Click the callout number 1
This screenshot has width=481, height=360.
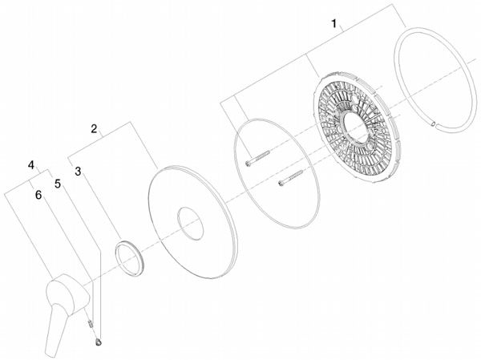pos(334,23)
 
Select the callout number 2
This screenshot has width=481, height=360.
pos(94,128)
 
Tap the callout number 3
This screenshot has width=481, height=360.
pos(78,172)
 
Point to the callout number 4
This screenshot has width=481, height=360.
pos(31,165)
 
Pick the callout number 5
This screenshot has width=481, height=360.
pos(58,184)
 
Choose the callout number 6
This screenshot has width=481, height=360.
pos(38,195)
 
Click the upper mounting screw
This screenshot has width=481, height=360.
pos(257,158)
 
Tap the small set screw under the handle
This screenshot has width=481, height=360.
pos(90,323)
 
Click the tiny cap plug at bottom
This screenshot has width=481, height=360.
pos(99,342)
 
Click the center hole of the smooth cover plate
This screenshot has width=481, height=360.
pos(190,223)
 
